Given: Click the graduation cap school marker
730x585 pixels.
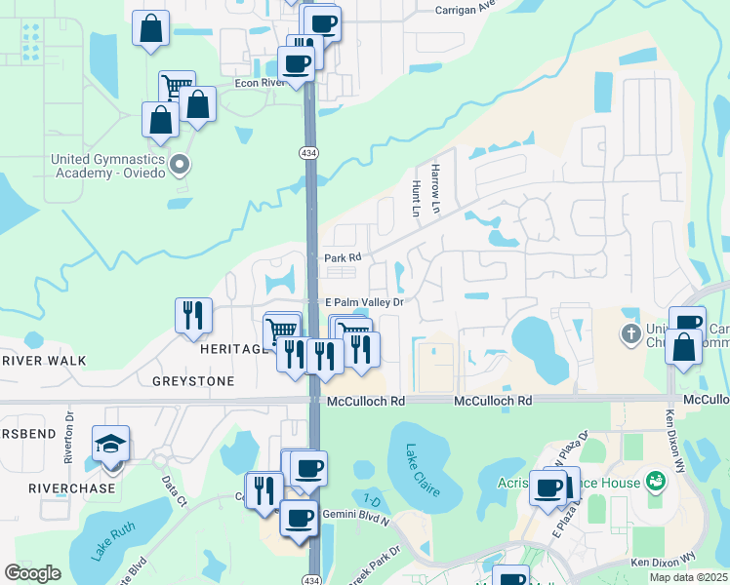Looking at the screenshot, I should [111, 444].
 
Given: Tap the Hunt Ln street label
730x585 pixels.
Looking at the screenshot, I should [417, 196].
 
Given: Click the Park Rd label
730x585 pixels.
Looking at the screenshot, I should [343, 258].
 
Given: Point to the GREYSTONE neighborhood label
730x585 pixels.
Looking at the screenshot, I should [193, 381].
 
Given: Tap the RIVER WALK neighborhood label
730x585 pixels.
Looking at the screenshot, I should [44, 361].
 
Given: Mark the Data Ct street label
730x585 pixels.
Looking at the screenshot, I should [175, 492].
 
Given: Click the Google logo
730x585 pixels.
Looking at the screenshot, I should [32, 573].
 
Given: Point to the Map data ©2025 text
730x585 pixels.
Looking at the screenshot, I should [688, 577].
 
